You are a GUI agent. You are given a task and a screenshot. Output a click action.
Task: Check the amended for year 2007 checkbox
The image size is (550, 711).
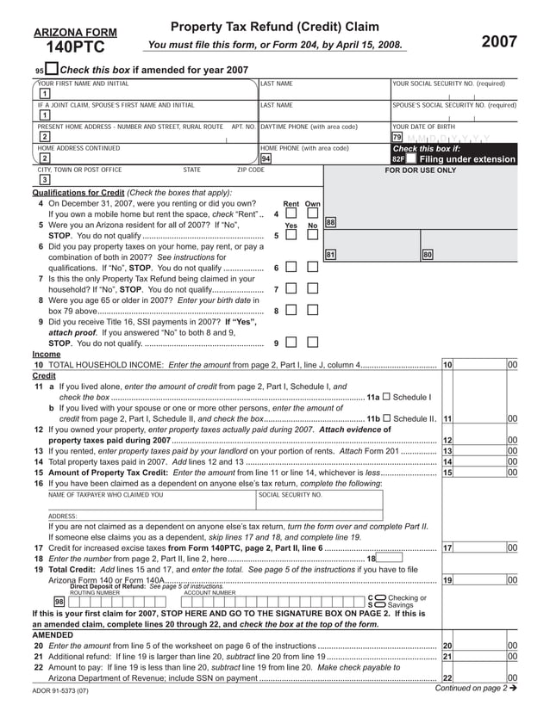(x=52, y=70)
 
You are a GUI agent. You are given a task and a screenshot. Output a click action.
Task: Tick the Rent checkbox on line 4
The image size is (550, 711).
(x=291, y=213)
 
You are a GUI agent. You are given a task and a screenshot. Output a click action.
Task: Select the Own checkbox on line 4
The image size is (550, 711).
(x=312, y=213)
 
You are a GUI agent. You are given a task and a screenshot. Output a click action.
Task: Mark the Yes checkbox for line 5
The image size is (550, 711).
(x=291, y=235)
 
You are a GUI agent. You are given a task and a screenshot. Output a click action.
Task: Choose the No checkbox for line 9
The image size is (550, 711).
(x=312, y=343)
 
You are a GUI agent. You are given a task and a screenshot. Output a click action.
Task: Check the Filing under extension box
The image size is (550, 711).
(x=412, y=159)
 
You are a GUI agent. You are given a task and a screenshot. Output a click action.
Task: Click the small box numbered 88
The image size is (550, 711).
(x=330, y=223)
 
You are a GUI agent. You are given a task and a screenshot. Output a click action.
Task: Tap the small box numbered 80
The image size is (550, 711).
(x=428, y=255)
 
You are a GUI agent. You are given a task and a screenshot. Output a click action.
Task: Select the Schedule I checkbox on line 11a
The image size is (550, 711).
(x=385, y=397)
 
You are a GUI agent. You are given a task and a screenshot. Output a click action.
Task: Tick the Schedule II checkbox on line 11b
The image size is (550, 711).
(x=385, y=418)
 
